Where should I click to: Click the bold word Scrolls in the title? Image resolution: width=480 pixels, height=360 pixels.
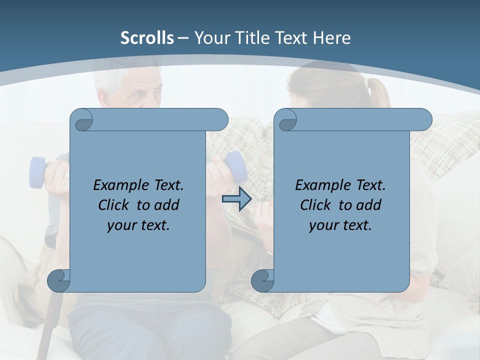pos(147,37)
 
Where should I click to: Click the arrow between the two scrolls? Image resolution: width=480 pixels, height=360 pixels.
pos(236,199)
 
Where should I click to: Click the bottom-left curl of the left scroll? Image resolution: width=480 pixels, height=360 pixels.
pos(58,280)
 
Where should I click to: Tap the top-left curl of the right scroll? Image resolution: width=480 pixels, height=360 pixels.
pos(287,120)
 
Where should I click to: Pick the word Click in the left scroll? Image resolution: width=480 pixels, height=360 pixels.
pos(115,205)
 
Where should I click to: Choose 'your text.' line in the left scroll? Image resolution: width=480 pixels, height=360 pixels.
pos(138,225)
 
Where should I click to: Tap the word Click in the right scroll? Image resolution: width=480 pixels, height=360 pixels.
pos(317,205)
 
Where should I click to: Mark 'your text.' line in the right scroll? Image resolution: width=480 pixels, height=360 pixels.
pos(340,225)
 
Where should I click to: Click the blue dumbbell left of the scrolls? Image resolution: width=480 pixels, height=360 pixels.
pos(37,173)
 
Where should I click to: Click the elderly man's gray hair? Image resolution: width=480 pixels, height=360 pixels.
pos(112,80)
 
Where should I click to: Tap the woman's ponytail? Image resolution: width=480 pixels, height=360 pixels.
pos(377,93)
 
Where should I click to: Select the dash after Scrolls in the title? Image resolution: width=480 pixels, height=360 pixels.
pos(183,37)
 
